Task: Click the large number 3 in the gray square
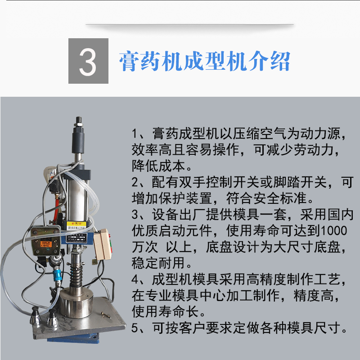pyautogui.click(x=87, y=62)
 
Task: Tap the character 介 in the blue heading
pyautogui.click(x=258, y=61)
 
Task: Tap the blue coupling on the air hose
pyautogui.click(x=57, y=275)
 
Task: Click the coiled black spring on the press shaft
pyautogui.click(x=76, y=275)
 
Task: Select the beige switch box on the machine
pyautogui.click(x=103, y=244)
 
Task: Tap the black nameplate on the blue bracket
pyautogui.click(x=76, y=238)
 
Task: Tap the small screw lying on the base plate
pyautogui.click(x=106, y=315)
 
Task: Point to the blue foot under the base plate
pyautogui.click(x=74, y=338)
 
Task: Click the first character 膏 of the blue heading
pyautogui.click(x=129, y=61)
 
